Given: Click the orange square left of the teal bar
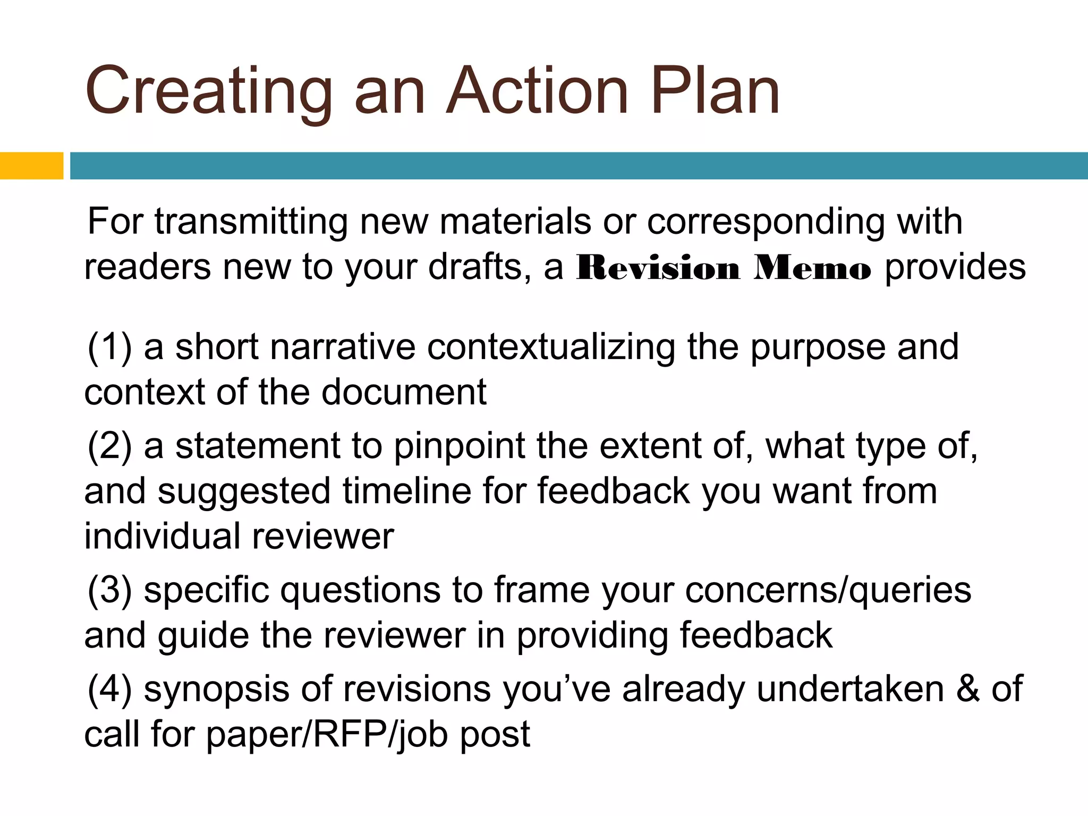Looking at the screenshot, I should [31, 166].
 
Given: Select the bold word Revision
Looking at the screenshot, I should [658, 268].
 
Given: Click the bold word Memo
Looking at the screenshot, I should [812, 268].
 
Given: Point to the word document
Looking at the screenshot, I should [404, 392].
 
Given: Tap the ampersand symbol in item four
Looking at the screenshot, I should [968, 688].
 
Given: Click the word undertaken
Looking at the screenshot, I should [850, 688].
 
